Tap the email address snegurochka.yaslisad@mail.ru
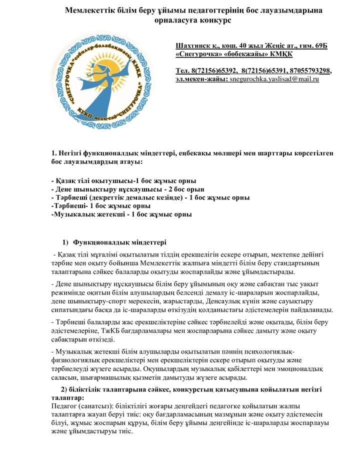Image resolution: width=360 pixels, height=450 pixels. coord(274,79)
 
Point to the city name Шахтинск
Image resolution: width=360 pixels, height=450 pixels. coord(194,45)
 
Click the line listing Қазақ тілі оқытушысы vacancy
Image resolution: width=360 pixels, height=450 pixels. coord(124,180)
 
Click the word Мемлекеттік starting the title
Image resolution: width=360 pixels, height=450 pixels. coord(90,10)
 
